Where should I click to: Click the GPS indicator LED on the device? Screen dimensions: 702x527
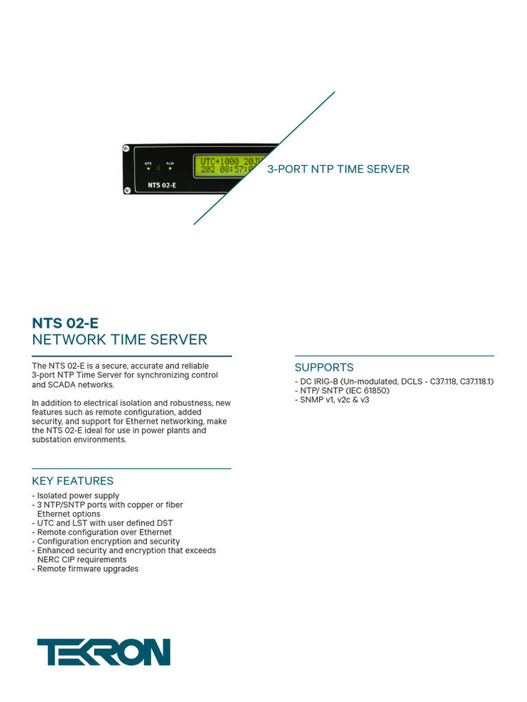pos(148,169)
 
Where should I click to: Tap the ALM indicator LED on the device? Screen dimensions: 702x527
pos(169,169)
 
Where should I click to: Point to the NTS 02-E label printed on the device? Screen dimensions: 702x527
pos(162,185)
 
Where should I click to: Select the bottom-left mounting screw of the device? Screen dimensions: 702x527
pos(128,191)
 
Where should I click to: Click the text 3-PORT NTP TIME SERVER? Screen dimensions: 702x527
pos(338,169)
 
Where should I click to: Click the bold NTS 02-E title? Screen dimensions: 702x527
pos(65,323)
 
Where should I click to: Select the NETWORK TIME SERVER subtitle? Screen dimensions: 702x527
pos(119,340)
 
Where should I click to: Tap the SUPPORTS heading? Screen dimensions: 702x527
pos(324,367)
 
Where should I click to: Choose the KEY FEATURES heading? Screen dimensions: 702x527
pos(73,481)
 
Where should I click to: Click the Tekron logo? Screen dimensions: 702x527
pos(104,652)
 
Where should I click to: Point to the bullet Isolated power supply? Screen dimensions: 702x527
pos(78,496)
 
